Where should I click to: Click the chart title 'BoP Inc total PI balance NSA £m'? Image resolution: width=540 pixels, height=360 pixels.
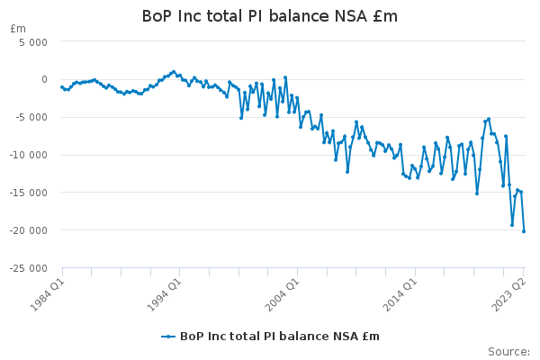(x=270, y=16)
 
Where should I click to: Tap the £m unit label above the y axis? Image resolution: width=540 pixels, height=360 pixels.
(x=18, y=29)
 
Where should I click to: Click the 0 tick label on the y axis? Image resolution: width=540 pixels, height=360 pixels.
(x=43, y=80)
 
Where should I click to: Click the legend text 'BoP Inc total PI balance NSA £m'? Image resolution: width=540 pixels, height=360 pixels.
(x=280, y=337)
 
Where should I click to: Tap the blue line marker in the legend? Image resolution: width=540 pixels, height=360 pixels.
(x=168, y=337)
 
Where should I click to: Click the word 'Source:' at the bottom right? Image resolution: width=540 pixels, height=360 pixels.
(x=508, y=351)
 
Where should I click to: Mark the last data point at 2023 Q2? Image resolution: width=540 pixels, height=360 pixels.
(x=524, y=231)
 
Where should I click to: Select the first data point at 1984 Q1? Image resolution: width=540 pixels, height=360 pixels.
(x=62, y=87)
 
